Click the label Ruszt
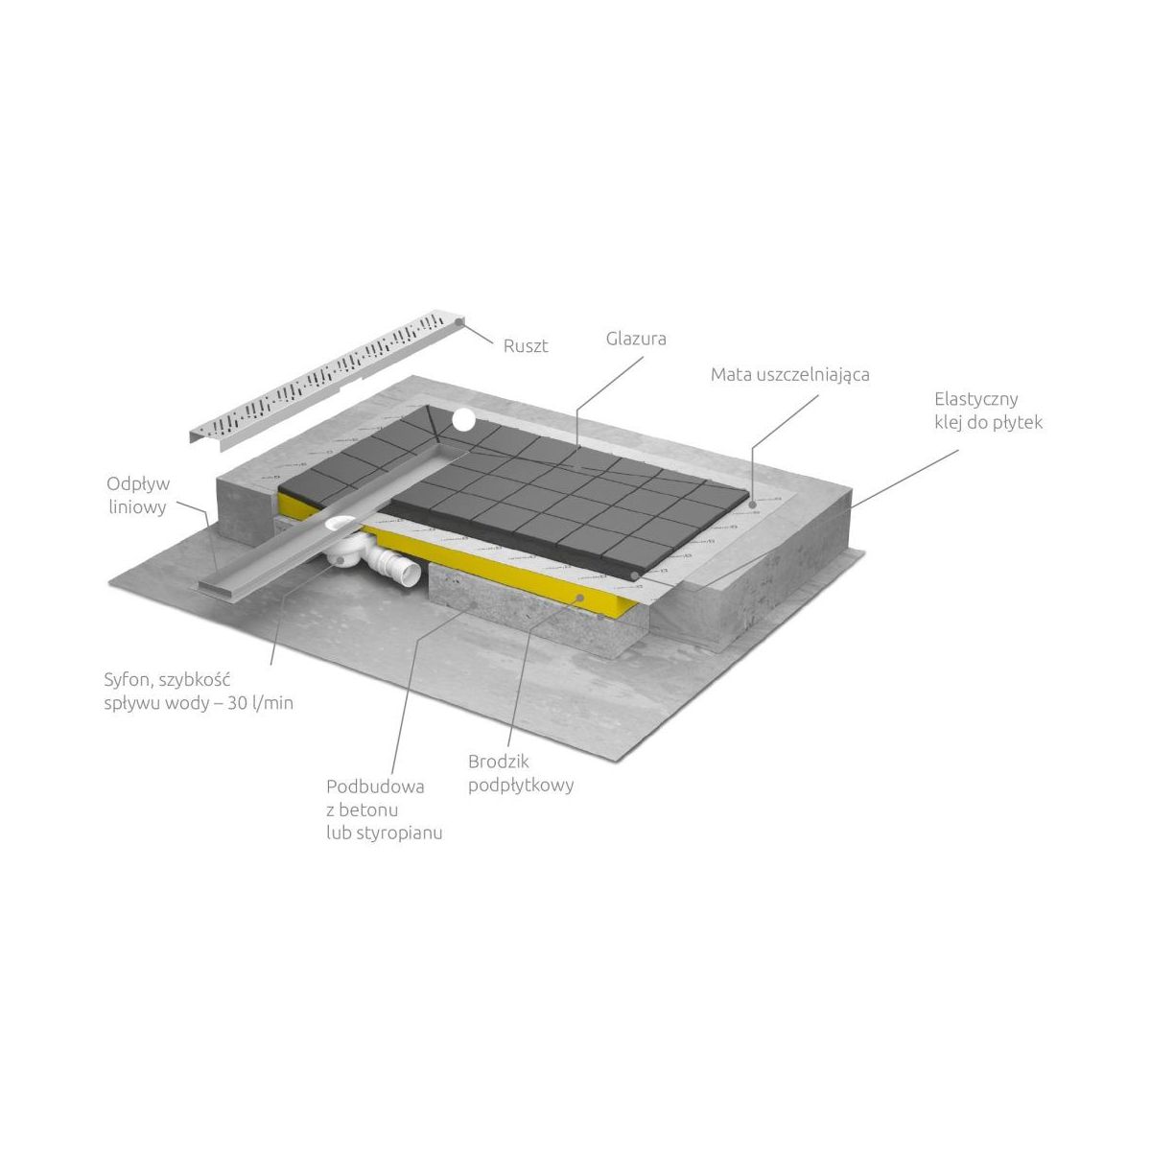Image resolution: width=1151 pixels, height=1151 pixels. [x=525, y=346]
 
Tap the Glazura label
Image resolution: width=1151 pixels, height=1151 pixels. [x=636, y=339]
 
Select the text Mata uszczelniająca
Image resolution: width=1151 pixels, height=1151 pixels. [x=789, y=375]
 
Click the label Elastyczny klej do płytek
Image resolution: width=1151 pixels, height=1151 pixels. [x=989, y=411]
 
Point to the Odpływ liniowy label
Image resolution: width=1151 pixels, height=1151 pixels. [x=138, y=496]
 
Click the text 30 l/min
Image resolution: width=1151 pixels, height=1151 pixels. [x=261, y=704]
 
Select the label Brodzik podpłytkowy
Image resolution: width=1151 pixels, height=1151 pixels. [x=521, y=773]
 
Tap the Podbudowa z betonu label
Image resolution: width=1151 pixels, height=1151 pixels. [x=375, y=799]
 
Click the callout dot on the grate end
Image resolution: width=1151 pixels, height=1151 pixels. [x=458, y=321]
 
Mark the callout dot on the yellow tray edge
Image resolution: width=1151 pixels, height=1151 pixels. [x=580, y=597]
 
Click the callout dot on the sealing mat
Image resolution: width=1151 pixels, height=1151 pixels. [x=753, y=505]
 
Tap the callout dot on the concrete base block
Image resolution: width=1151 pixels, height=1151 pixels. [x=475, y=604]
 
